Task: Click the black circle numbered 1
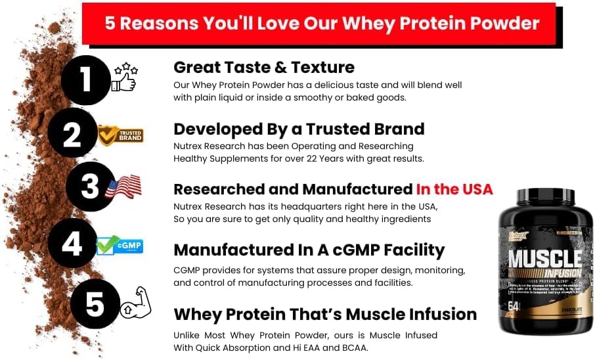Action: coord(86,81)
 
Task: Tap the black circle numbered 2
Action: coord(72,134)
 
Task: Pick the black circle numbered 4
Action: coord(72,243)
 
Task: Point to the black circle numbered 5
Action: coord(95,304)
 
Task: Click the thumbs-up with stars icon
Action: coord(124,78)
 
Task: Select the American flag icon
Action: coord(123,187)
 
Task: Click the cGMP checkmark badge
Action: coord(120,245)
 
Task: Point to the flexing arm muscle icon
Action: coord(136,303)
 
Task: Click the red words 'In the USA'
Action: coord(454,189)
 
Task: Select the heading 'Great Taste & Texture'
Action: coord(264,67)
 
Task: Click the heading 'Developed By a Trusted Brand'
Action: coord(299,128)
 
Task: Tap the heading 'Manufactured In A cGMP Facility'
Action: coord(309,250)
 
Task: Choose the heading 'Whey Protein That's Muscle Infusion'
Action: coord(325,314)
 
